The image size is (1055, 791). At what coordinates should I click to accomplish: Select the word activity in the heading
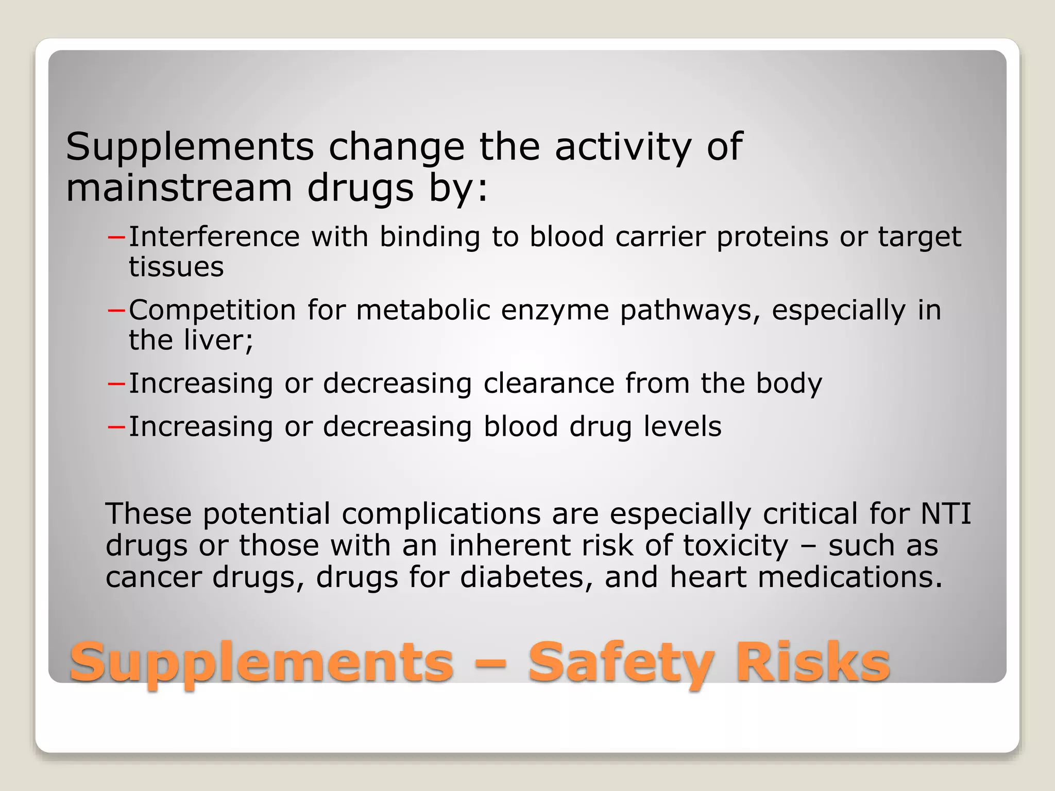click(623, 148)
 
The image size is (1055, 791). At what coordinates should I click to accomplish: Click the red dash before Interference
click(116, 237)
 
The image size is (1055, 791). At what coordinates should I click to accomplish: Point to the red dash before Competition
click(116, 311)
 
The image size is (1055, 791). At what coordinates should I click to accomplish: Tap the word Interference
click(214, 237)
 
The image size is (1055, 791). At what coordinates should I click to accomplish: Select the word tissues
click(176, 267)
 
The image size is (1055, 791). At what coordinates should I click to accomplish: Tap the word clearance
click(549, 384)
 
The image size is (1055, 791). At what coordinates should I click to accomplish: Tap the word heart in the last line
click(708, 577)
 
